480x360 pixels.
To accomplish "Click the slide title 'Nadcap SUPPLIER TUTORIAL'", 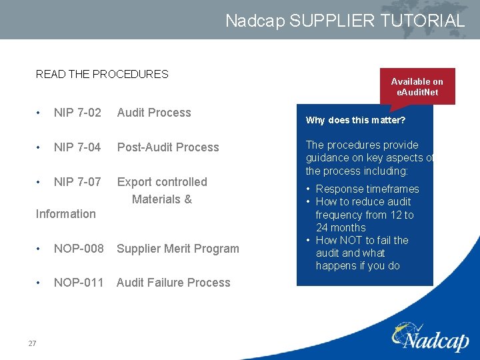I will pos(345,21).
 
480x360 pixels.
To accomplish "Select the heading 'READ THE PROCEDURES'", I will pos(102,74).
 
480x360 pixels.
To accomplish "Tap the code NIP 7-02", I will pos(77,113).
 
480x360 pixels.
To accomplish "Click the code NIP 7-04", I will pos(77,147).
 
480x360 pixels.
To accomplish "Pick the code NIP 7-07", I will pos(77,182).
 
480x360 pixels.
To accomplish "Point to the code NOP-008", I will pos(79,249).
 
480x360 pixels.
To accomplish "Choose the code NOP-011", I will pos(79,283).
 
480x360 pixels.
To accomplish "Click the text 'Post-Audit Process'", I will pos(168,147).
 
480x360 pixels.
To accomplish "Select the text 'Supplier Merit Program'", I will pos(177,249).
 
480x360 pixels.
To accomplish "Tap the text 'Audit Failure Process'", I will pos(173,283).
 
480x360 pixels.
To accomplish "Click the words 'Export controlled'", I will pos(162,182).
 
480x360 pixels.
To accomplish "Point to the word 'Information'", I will pos(65,214).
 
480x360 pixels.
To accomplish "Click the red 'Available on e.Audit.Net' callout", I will pos(417,87).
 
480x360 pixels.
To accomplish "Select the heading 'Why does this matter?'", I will pos(355,121).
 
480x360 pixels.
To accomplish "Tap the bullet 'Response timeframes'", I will pos(367,189).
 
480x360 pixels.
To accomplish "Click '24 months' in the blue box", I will pos(341,227).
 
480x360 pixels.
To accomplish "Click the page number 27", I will pos(32,343).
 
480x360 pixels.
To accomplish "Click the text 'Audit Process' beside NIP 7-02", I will pos(154,113).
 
